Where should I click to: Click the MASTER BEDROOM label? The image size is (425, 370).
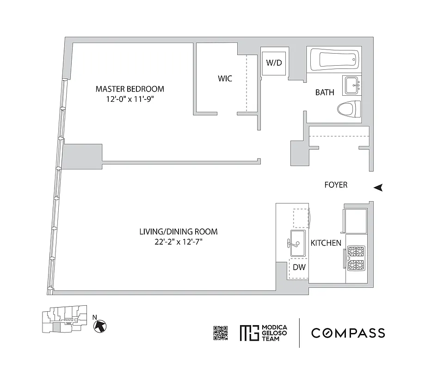(129, 89)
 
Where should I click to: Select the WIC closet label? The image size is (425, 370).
(225, 79)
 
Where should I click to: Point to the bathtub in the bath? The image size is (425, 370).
(333, 60)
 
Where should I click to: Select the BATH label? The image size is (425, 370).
(325, 92)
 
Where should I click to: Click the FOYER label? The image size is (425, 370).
(336, 185)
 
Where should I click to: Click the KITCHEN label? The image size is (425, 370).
(326, 243)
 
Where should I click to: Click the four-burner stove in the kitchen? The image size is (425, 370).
(355, 258)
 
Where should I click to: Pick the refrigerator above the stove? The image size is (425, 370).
(355, 221)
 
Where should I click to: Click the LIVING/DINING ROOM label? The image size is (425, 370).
(179, 232)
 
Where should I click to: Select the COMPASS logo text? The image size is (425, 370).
(348, 333)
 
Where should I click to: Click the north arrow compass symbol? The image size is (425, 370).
(99, 326)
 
